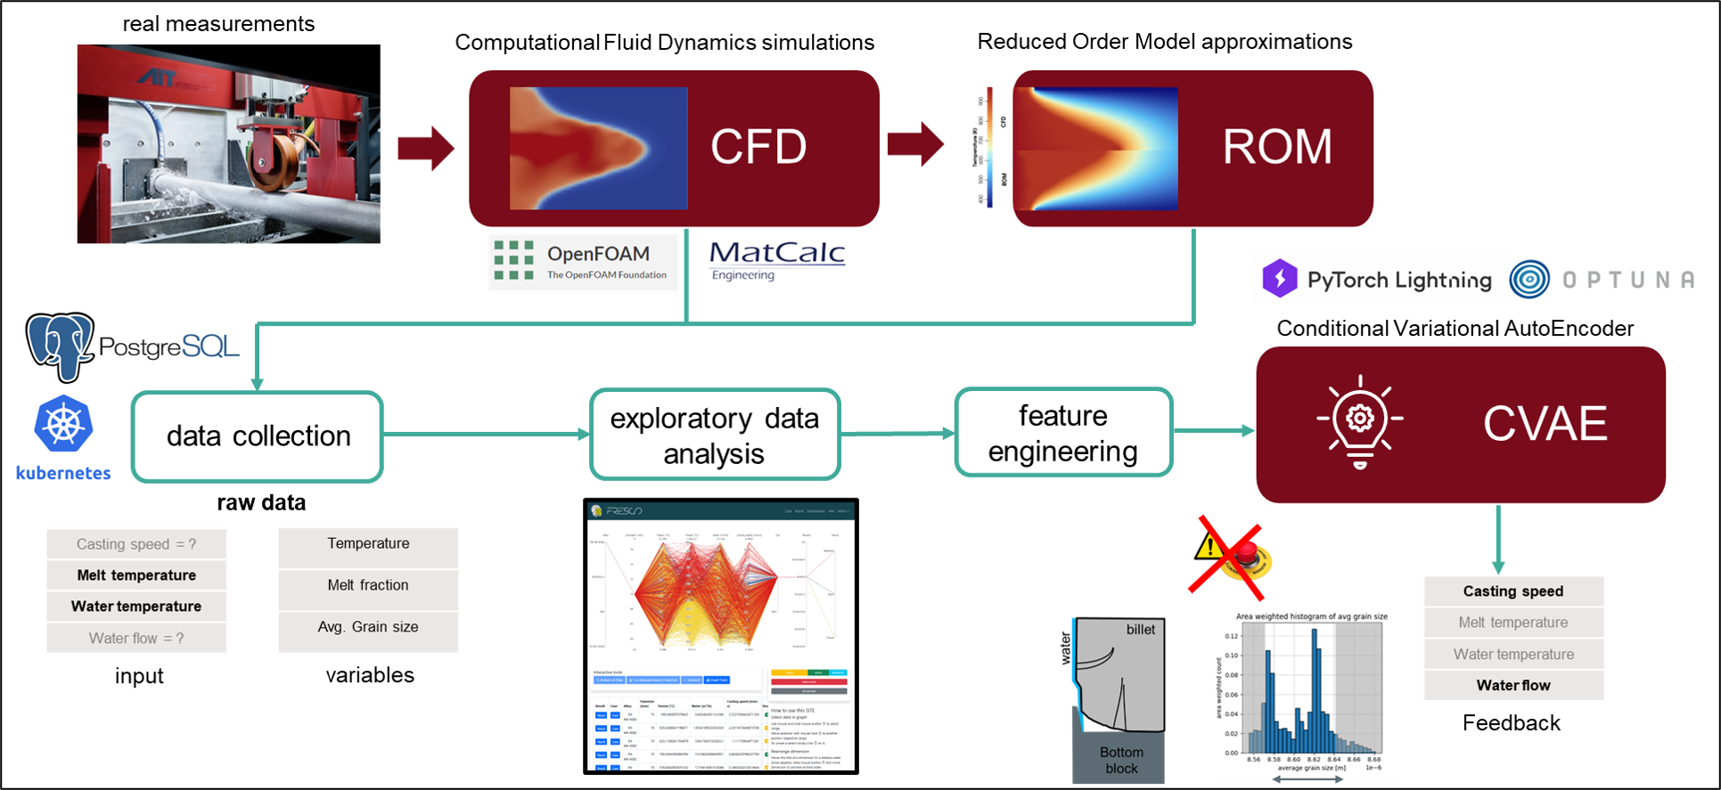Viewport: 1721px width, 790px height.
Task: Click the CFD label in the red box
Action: (758, 147)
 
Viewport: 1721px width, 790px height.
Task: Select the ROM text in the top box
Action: (1276, 147)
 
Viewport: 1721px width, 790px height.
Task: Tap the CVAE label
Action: (1545, 424)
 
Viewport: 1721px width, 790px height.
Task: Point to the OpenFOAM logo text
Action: (598, 255)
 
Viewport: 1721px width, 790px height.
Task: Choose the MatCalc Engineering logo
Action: (777, 259)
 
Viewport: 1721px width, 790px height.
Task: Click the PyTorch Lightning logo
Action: (1377, 279)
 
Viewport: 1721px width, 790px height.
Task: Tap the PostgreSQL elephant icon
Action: (59, 345)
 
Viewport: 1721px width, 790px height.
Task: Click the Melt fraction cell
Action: (368, 585)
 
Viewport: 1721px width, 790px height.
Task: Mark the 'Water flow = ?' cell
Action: (136, 639)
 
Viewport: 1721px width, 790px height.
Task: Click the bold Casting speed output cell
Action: (1512, 591)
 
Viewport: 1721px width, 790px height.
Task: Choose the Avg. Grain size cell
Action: (368, 627)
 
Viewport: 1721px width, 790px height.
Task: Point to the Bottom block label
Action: (1121, 760)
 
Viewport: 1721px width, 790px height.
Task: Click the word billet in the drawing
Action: (1140, 630)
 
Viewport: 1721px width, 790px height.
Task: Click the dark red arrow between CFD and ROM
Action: (915, 143)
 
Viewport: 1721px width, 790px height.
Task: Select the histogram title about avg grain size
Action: (1311, 616)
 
